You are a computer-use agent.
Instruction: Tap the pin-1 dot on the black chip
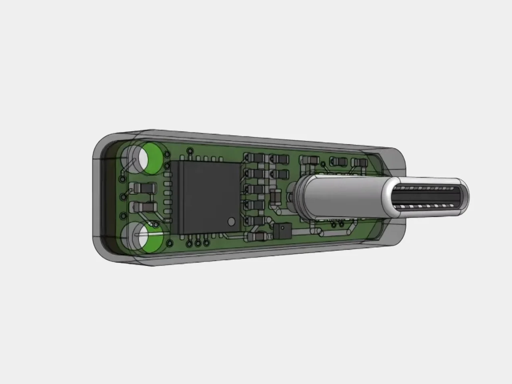click(x=231, y=221)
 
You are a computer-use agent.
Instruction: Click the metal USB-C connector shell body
click(x=344, y=198)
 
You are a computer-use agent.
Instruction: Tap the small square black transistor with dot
click(x=282, y=230)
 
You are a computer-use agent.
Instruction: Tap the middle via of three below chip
click(x=198, y=242)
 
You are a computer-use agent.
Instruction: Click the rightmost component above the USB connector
click(x=359, y=162)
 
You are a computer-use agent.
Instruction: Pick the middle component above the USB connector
click(x=338, y=161)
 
